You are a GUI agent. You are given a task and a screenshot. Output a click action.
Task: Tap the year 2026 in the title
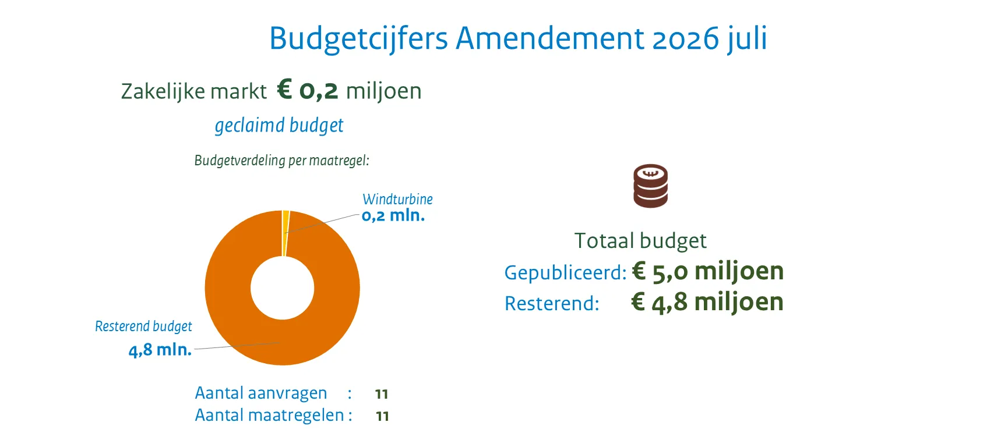(686, 39)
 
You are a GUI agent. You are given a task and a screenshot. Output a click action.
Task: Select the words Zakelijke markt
(193, 91)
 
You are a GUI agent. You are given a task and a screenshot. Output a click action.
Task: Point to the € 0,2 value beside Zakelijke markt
(307, 90)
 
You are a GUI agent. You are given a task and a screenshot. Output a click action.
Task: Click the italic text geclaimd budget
(279, 125)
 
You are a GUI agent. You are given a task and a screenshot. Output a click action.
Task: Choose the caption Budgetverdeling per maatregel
(281, 161)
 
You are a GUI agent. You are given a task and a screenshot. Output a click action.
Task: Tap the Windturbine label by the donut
(397, 199)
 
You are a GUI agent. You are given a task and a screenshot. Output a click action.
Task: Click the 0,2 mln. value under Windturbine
(393, 216)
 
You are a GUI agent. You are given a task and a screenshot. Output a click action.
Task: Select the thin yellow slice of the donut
(286, 233)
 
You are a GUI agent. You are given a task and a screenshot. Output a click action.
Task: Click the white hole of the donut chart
(283, 288)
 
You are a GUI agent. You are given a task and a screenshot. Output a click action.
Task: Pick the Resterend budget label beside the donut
(143, 327)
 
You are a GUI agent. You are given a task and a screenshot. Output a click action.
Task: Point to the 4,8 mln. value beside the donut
(160, 350)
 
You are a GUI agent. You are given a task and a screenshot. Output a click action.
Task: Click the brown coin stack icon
(651, 186)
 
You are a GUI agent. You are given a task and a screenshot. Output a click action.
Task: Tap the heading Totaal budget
(640, 240)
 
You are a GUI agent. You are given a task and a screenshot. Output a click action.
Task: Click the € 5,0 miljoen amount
(708, 271)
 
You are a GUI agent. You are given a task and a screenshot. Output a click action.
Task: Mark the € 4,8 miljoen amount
(707, 302)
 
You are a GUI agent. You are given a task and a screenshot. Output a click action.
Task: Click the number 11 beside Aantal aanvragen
(382, 394)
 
